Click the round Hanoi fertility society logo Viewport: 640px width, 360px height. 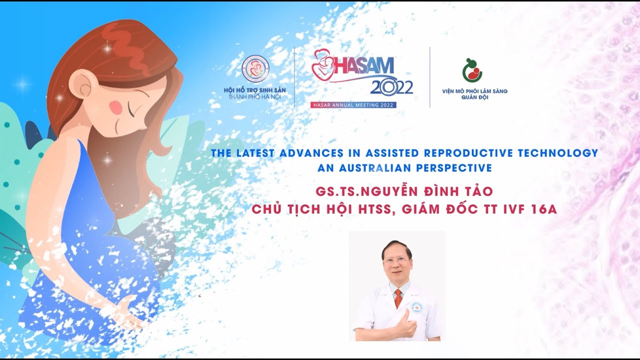pos(255,69)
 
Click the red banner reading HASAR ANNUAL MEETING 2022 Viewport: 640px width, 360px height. pos(353,105)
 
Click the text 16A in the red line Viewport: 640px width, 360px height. pos(544,209)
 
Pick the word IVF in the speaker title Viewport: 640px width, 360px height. pos(512,209)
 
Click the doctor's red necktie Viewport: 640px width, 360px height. pos(398,298)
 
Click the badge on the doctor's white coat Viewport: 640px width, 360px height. pos(416,307)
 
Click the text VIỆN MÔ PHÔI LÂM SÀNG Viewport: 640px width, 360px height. pos(474,91)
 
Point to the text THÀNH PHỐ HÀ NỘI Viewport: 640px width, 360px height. pos(254,96)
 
